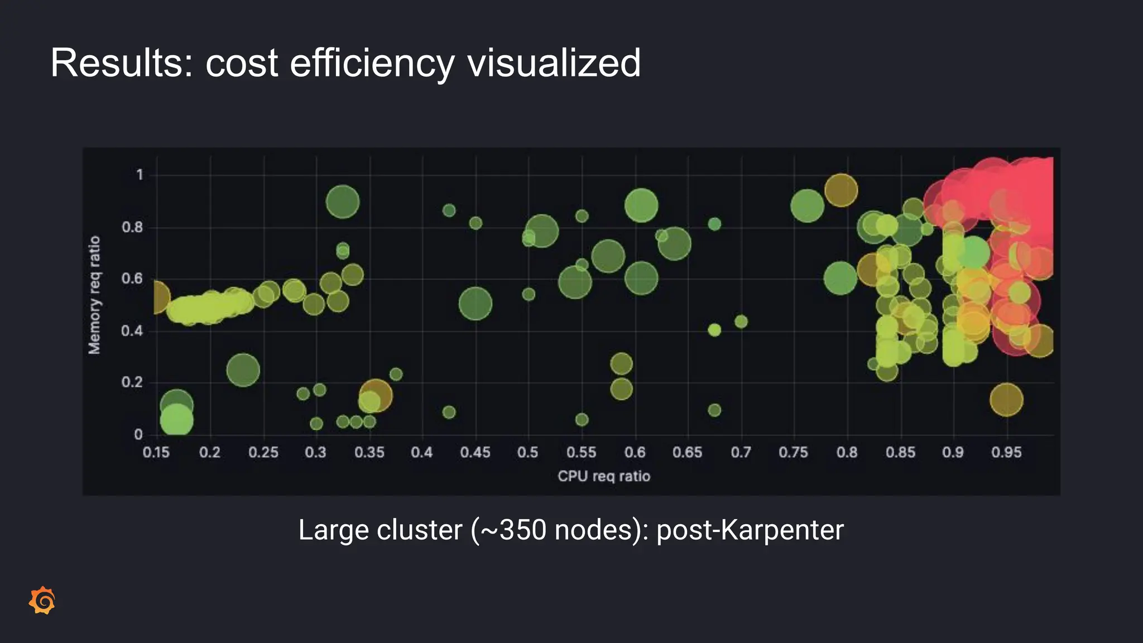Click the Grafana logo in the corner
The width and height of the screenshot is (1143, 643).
[x=42, y=601]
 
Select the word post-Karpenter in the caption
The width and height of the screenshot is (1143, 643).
[x=750, y=530]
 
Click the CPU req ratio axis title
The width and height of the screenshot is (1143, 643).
[x=604, y=476]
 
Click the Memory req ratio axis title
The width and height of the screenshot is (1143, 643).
[x=94, y=295]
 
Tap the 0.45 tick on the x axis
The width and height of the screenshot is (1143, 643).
[x=475, y=452]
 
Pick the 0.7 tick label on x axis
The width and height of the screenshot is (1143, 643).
[x=741, y=452]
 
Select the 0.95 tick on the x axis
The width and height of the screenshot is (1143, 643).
[x=1006, y=452]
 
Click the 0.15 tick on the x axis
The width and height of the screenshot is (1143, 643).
[x=156, y=452]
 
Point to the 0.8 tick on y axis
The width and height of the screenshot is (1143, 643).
[x=132, y=227]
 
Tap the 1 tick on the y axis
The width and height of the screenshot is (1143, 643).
[x=140, y=175]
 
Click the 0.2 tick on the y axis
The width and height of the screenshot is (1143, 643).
[x=132, y=382]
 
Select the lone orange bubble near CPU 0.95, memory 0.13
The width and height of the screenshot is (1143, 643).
[x=1006, y=400]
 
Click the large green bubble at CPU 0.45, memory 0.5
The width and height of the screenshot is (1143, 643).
[x=475, y=304]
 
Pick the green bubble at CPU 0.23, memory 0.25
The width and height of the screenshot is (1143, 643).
[x=243, y=370]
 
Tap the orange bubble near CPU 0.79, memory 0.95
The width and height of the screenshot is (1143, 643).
[x=841, y=190]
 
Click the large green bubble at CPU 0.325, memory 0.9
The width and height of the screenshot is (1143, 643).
[x=342, y=201]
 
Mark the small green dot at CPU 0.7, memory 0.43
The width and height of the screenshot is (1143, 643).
[x=741, y=321]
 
